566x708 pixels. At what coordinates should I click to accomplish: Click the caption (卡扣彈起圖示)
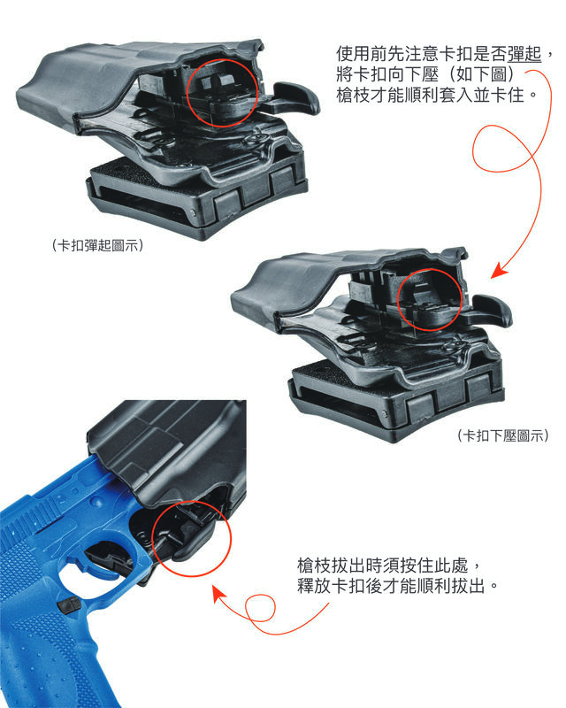(x=97, y=245)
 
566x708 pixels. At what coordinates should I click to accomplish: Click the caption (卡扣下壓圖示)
(x=503, y=435)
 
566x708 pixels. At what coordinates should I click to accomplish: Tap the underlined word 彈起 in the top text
(x=524, y=54)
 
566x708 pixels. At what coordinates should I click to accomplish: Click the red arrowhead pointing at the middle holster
(x=499, y=271)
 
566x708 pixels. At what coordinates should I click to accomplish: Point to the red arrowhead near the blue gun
(x=219, y=593)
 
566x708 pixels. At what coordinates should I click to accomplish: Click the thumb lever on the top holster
(x=294, y=98)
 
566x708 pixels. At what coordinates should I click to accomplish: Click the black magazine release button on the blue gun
(x=69, y=605)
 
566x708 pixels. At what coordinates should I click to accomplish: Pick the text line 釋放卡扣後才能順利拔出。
(x=399, y=586)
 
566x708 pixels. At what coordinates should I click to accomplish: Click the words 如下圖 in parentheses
(x=482, y=74)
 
